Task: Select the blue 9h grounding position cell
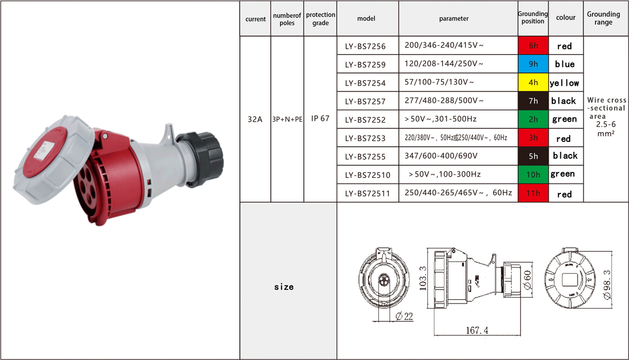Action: [533, 64]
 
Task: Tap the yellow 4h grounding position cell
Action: [533, 82]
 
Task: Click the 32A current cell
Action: [255, 119]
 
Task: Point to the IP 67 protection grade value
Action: [320, 118]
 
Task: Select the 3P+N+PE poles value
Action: [287, 119]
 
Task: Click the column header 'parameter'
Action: [454, 18]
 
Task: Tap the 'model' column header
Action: [366, 18]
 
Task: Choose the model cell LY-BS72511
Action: [367, 193]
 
